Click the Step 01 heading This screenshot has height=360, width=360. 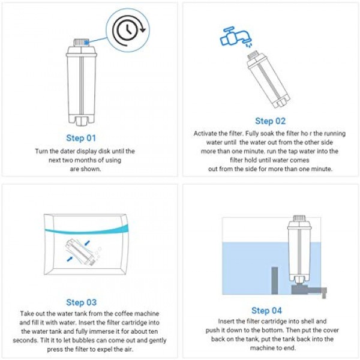[x=81, y=138]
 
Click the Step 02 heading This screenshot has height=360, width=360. [x=270, y=121]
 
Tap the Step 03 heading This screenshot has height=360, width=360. [x=81, y=302]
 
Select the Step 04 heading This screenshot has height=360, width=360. [x=266, y=310]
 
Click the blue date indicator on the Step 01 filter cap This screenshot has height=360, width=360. [x=86, y=42]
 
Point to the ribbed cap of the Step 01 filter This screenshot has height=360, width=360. [x=81, y=43]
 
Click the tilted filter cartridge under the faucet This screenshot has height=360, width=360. [x=269, y=80]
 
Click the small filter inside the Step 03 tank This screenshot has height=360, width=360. [x=80, y=253]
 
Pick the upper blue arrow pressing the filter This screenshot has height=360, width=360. [x=87, y=243]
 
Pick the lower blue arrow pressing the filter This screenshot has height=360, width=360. [x=70, y=259]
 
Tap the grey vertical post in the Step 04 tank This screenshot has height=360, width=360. [x=274, y=280]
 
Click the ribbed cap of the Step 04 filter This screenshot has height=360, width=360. [x=299, y=218]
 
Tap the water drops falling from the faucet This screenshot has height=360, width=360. [x=248, y=44]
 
